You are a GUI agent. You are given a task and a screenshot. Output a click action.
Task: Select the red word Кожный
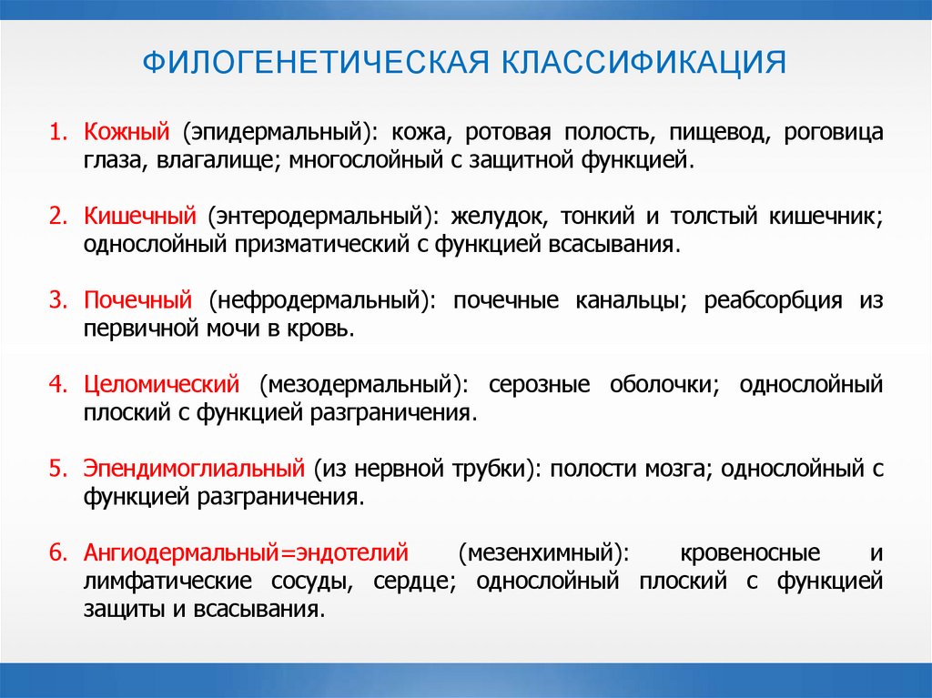127,132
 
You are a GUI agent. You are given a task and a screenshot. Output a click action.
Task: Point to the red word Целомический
161,384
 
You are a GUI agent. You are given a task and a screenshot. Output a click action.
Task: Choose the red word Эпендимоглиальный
193,469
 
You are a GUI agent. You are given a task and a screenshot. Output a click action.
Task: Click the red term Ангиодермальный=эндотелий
246,552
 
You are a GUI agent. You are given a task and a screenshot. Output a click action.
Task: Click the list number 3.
57,300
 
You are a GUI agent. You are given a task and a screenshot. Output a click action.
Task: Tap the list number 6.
57,552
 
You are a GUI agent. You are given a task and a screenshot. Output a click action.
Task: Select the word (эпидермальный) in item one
279,132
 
